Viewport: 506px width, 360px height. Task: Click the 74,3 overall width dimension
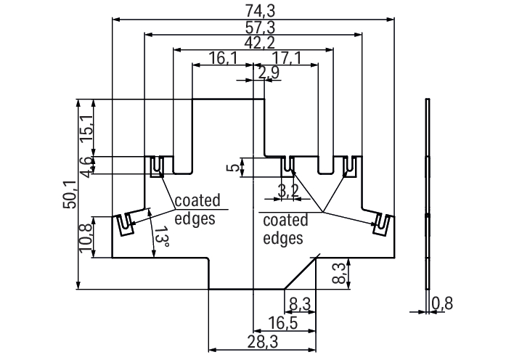pos(253,10)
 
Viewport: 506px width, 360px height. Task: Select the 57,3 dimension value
pos(253,27)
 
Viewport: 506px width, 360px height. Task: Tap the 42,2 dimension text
pos(253,43)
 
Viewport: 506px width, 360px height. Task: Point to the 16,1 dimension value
pos(223,59)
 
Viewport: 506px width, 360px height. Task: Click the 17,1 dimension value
pos(286,59)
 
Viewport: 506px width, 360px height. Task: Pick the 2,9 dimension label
pos(268,73)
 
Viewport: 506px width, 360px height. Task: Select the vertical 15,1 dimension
pos(85,128)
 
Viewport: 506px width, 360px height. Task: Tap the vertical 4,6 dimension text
pos(85,166)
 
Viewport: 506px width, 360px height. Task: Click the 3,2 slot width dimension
pos(287,192)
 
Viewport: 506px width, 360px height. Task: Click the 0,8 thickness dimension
pos(442,303)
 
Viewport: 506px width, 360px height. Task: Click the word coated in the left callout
pos(196,201)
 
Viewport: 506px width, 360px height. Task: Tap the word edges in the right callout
pos(282,237)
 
